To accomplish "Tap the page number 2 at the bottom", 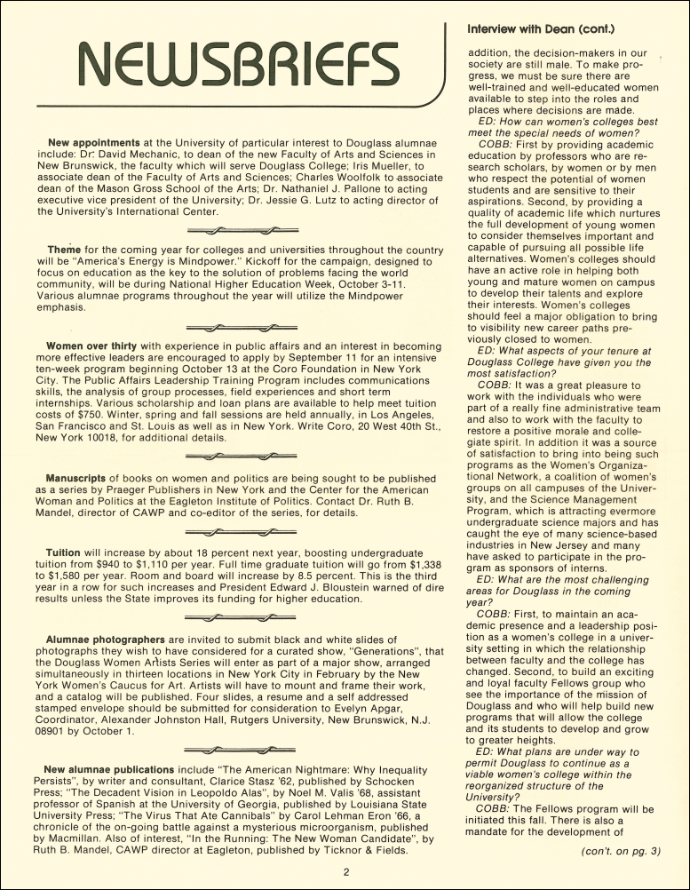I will [345, 870].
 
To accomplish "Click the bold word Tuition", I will [63, 552].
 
